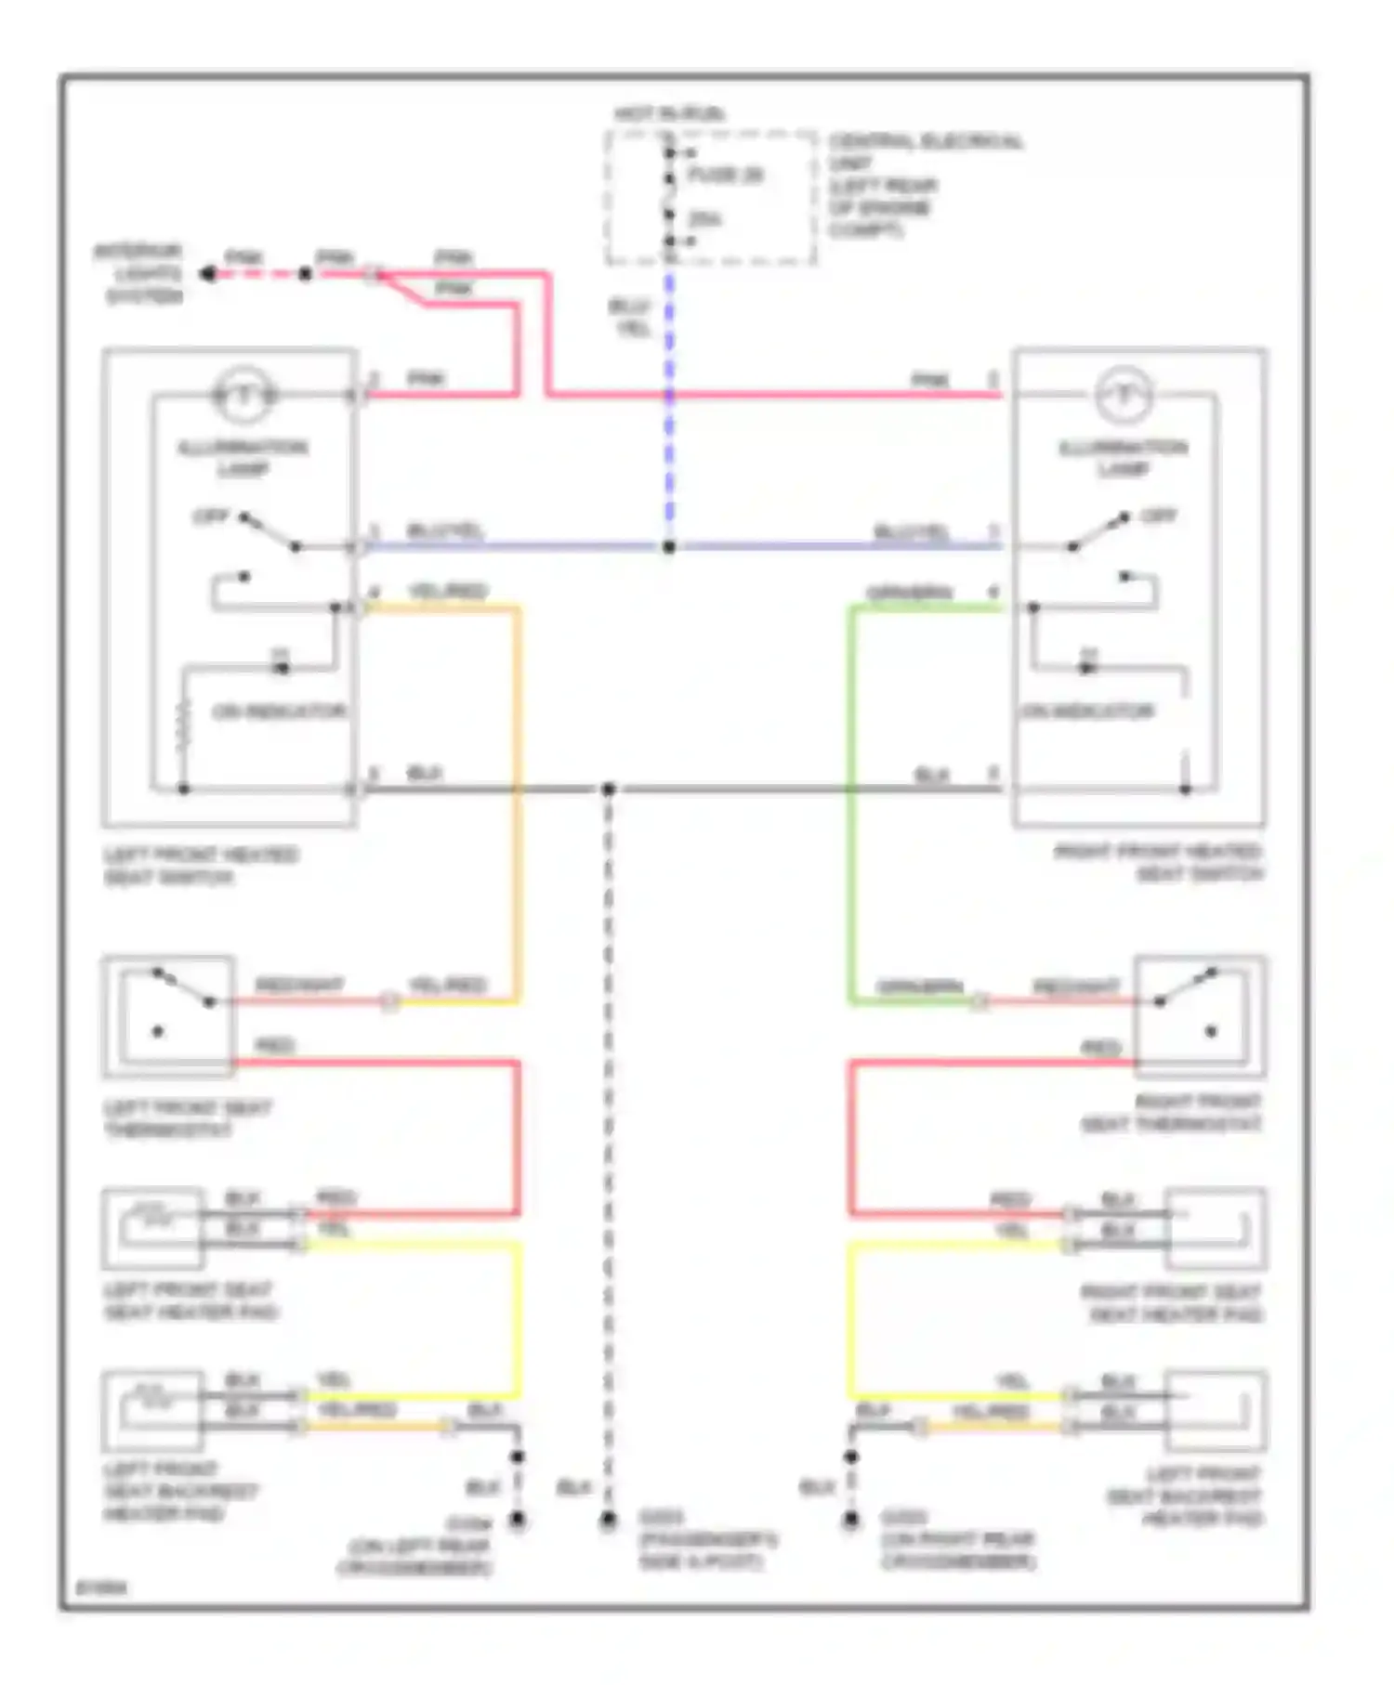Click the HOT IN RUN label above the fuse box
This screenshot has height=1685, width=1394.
pos(669,114)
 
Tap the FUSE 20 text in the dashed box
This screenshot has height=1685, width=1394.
pos(725,175)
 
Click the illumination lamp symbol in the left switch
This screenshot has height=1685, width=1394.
pos(244,395)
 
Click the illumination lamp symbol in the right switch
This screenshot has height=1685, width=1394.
pos(1124,395)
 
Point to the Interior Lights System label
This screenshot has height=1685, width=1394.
pos(139,274)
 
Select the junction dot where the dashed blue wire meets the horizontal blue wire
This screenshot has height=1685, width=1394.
pos(669,547)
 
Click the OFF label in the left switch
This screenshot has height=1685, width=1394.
pos(210,516)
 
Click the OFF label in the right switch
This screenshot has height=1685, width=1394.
pos(1158,516)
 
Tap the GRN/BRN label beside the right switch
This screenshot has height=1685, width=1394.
pos(910,592)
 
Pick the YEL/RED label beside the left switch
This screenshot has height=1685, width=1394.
pos(448,591)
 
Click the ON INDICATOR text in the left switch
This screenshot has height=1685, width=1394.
pos(279,712)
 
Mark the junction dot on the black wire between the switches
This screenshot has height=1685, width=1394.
pos(608,790)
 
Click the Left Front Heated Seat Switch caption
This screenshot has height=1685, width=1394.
pos(200,865)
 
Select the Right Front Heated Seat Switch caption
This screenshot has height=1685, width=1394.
pos(1158,863)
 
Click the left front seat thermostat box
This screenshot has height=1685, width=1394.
pos(168,1016)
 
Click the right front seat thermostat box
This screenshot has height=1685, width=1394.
pos(1199,1016)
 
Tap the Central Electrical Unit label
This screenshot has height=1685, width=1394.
pos(925,185)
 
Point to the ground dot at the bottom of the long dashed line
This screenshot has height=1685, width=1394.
pos(608,1521)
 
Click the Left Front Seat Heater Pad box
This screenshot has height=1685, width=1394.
pos(153,1228)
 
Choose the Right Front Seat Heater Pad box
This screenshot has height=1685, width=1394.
pos(1216,1228)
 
